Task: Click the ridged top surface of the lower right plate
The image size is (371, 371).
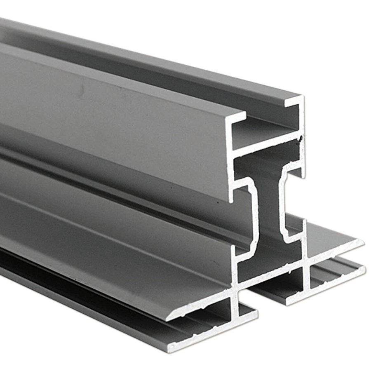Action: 330,274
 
